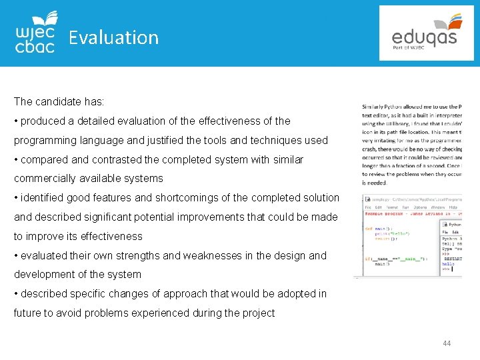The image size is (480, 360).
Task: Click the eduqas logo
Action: tap(425, 33)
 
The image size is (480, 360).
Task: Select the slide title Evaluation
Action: tap(114, 37)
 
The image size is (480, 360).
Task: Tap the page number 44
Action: tap(447, 343)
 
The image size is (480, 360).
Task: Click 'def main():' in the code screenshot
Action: tap(376, 229)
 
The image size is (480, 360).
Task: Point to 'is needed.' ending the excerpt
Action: tap(375, 182)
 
